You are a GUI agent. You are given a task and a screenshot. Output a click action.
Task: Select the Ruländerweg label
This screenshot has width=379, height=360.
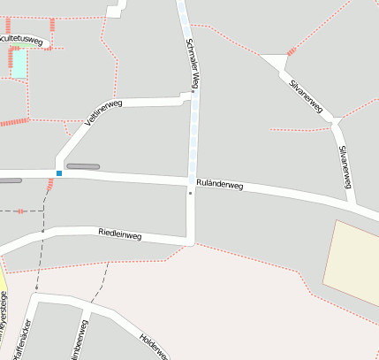tap(219, 183)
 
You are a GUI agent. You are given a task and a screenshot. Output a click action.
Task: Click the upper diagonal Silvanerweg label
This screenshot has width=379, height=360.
tap(306, 96)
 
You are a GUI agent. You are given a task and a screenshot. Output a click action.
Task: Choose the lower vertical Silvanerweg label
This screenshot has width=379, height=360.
tap(346, 165)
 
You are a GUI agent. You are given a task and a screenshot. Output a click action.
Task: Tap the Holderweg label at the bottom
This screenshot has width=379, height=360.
tap(153, 348)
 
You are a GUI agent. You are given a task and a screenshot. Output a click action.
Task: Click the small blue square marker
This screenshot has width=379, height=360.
tap(59, 173)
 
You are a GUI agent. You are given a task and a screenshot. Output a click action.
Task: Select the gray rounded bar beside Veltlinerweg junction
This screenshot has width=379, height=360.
tap(83, 166)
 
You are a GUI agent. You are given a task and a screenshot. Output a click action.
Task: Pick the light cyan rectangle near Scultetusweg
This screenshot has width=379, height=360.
tap(19, 63)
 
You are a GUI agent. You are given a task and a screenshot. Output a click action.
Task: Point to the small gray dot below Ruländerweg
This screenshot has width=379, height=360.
tap(189, 192)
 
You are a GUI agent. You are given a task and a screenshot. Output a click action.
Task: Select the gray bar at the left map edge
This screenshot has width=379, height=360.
tap(10, 180)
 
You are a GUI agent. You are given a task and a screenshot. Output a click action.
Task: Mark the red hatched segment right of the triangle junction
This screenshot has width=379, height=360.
tap(292, 51)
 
